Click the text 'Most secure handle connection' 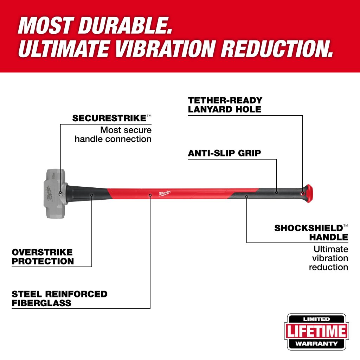pos(113,135)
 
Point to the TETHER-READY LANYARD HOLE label pos(225,105)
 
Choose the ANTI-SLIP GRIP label pos(224,153)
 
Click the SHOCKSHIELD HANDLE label pos(311,233)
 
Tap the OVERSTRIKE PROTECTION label pos(43,257)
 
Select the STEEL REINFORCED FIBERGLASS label pos(59,298)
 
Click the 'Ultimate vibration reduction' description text pos(329,258)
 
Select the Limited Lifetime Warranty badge pos(317,332)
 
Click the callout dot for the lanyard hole pos(302,193)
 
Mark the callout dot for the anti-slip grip pos(276,192)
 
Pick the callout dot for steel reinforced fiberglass pos(150,195)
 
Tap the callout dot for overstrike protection pos(92,195)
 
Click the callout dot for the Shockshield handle pos(246,197)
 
